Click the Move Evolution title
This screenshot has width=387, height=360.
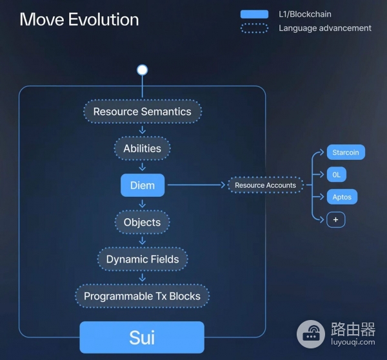(x=79, y=19)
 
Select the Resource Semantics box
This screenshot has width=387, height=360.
(x=142, y=112)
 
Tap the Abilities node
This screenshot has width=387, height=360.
(x=142, y=148)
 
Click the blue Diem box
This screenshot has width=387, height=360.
(x=143, y=185)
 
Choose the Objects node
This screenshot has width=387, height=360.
(x=142, y=222)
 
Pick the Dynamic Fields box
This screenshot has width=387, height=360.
(x=143, y=259)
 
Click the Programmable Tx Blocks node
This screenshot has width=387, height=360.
(x=142, y=296)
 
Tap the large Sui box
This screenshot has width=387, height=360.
(x=142, y=337)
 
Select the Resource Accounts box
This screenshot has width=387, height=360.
(x=265, y=185)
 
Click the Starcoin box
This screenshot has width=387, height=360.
(x=346, y=153)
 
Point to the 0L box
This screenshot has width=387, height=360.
(x=336, y=175)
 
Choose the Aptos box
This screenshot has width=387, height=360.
(x=342, y=197)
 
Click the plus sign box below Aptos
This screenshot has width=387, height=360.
(x=335, y=219)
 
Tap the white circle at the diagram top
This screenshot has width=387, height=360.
(x=142, y=70)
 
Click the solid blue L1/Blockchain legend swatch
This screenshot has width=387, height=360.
(x=254, y=14)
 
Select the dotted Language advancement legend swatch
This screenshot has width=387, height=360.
(x=254, y=28)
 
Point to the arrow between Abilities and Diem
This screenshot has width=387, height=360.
(x=142, y=166)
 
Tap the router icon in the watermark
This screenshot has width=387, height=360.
(x=312, y=334)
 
